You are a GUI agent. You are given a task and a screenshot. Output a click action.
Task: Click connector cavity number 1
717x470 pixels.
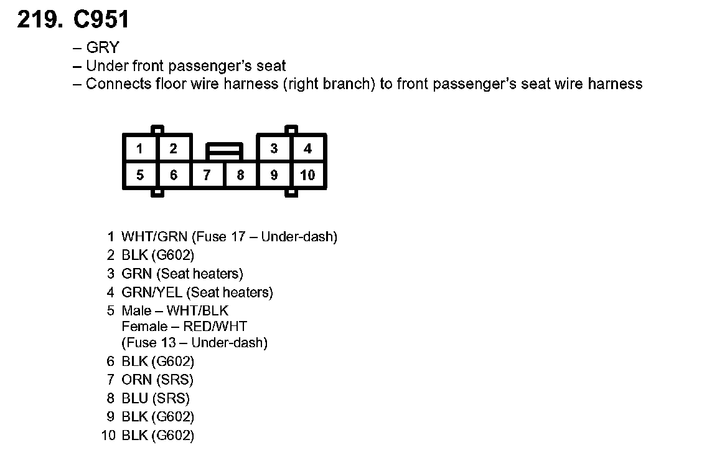[140, 149]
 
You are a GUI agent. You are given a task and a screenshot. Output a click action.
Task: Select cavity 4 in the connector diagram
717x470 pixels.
[307, 149]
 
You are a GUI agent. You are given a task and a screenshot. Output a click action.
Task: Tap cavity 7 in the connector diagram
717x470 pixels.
[207, 175]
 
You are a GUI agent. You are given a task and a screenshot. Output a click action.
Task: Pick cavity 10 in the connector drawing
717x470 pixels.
[307, 175]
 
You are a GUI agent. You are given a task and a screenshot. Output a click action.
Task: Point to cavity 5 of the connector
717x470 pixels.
[140, 175]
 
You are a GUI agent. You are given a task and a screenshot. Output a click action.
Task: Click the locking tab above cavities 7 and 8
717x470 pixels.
[224, 150]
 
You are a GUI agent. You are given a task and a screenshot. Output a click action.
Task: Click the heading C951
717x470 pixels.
[101, 20]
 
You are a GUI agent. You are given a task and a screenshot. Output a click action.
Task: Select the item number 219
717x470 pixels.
[39, 20]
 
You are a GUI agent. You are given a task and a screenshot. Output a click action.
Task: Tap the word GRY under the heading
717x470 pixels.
[103, 48]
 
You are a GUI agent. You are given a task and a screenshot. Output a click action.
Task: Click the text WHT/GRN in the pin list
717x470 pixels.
[154, 237]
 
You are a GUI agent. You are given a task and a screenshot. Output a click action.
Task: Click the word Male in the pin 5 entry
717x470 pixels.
[137, 310]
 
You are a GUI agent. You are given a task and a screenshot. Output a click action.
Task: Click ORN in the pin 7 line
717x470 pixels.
[137, 380]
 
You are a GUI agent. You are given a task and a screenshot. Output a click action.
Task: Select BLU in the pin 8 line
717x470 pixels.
[136, 398]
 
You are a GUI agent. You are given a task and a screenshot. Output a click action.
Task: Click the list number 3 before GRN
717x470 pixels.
[111, 274]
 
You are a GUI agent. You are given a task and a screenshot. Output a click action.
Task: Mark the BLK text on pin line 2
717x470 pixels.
[134, 255]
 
